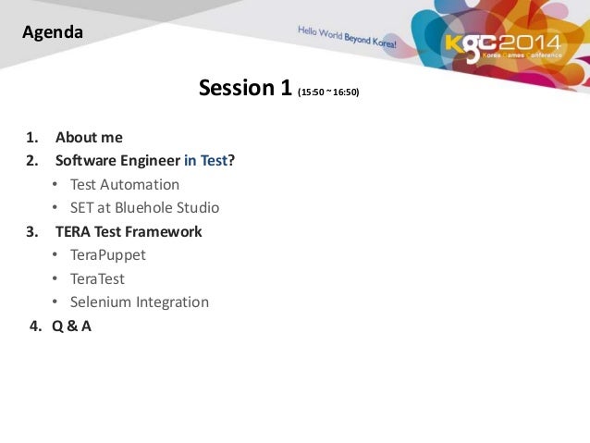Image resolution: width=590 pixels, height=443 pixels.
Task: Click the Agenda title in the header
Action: (x=53, y=33)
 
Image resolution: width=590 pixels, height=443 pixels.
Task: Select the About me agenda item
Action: (x=89, y=138)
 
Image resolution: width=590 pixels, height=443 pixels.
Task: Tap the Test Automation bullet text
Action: (x=125, y=184)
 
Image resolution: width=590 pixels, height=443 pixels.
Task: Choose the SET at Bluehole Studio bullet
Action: (x=144, y=207)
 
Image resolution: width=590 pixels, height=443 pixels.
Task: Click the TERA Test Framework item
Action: (x=129, y=231)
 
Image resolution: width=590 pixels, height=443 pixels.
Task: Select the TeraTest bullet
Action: (x=97, y=278)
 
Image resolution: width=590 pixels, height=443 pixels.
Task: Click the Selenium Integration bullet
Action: (x=140, y=301)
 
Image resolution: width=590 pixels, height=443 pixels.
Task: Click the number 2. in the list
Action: (x=32, y=161)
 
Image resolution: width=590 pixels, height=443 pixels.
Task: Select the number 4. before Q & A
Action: (x=34, y=326)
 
